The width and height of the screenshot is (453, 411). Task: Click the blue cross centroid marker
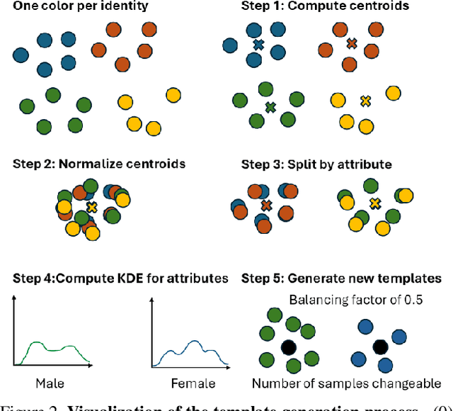tap(258, 44)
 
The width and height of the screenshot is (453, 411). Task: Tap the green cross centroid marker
tap(270, 108)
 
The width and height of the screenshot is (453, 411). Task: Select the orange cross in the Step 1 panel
tap(351, 44)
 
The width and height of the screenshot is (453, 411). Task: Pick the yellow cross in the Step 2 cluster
tap(92, 206)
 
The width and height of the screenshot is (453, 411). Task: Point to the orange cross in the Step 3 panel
tap(267, 205)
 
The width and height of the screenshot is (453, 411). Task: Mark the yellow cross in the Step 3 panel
tap(374, 204)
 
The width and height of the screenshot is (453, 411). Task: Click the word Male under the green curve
tap(49, 383)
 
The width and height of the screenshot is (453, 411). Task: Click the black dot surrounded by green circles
tap(288, 347)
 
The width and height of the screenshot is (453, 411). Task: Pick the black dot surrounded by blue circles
tap(381, 347)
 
